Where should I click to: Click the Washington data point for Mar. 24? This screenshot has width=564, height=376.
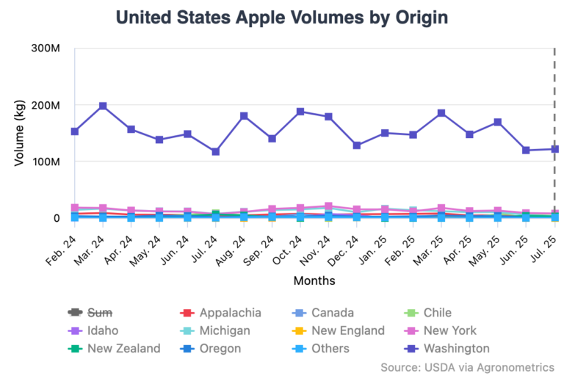pos(103,106)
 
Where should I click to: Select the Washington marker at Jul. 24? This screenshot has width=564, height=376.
pos(216,151)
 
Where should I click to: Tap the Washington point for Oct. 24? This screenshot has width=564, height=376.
pos(300,112)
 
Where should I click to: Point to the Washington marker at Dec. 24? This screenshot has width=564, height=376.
pos(357,145)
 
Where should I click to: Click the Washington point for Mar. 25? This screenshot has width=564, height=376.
pos(441,113)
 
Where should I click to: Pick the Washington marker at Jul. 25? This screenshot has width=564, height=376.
pos(555,149)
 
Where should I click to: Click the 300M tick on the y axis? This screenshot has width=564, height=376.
pos(46,48)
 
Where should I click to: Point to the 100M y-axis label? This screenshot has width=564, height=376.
pos(46,162)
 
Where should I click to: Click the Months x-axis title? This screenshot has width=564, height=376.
pos(314,281)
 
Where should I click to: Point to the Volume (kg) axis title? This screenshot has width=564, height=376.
pos(20,133)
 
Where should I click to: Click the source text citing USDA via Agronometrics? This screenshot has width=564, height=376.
pos(467,366)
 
